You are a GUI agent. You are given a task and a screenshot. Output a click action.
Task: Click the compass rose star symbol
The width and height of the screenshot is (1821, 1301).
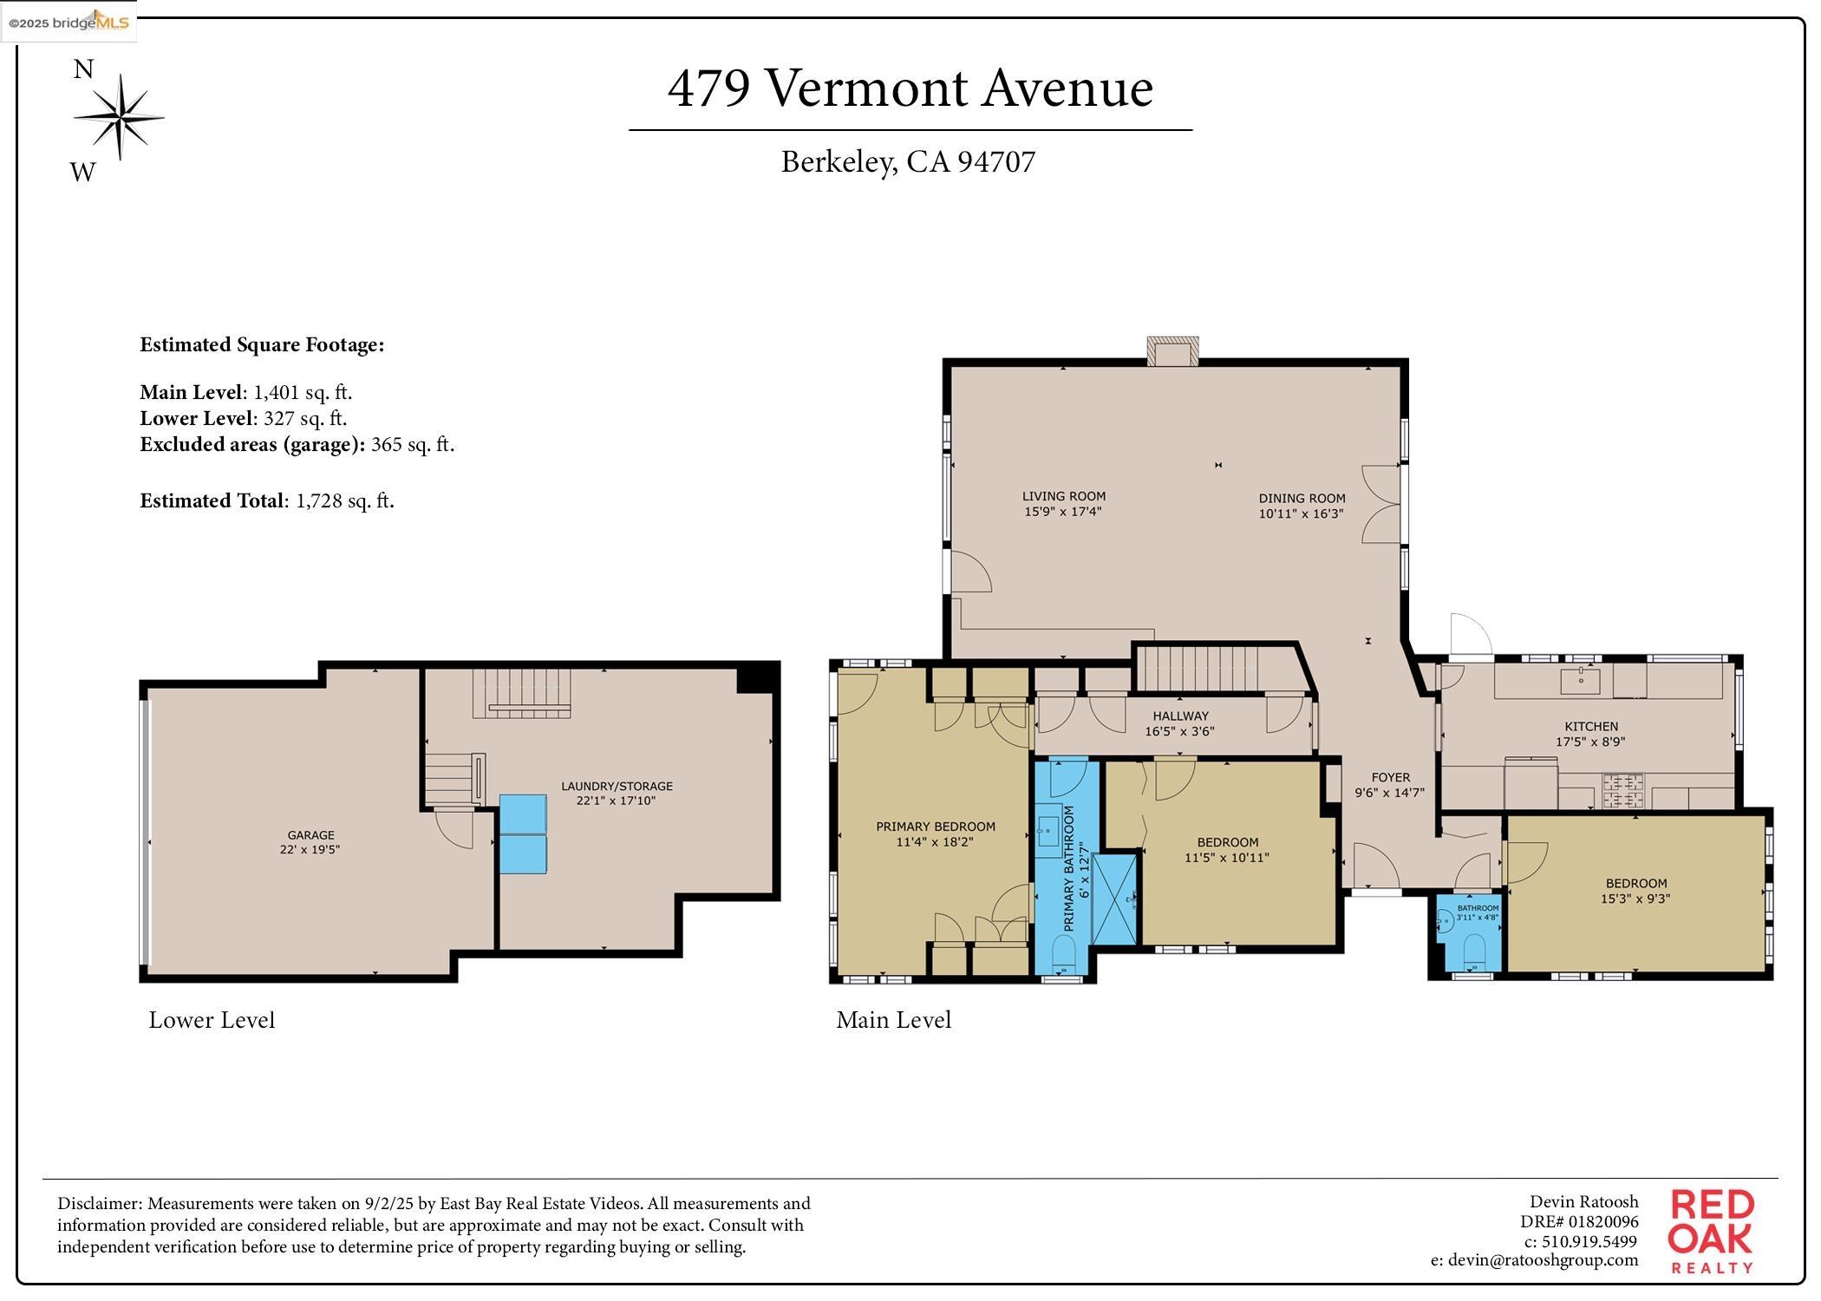(x=119, y=117)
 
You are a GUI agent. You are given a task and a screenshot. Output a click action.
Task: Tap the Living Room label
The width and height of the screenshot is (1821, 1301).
(x=1064, y=497)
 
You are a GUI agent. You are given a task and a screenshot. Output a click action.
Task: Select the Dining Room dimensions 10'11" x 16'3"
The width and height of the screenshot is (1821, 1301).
(x=1302, y=513)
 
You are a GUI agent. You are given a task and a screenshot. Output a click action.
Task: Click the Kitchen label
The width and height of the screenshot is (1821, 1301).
(x=1591, y=727)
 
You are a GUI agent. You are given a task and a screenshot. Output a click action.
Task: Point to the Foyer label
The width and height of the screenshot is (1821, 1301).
(x=1391, y=777)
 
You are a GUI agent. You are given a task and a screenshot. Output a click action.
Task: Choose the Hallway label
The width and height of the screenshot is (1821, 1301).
(x=1180, y=716)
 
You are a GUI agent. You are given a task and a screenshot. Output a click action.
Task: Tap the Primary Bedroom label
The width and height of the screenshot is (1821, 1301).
(x=936, y=827)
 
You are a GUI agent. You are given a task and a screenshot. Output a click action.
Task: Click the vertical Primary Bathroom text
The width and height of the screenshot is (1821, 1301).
(x=1068, y=869)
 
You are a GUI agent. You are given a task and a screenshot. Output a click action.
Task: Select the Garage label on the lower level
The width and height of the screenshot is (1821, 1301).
(x=310, y=835)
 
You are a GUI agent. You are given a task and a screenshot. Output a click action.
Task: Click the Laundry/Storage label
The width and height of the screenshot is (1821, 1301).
(x=617, y=787)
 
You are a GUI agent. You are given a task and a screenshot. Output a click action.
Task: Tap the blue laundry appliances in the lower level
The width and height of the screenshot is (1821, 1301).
(x=523, y=834)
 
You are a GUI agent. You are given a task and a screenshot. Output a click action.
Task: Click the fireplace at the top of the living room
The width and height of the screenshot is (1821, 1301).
(x=1172, y=350)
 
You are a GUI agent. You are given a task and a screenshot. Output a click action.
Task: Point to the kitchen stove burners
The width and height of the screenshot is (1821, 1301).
(x=1622, y=791)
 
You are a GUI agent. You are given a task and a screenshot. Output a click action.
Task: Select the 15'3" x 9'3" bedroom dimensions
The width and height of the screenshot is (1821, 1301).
(x=1635, y=899)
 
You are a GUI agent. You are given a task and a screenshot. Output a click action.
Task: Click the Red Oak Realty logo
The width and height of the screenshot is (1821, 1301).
(x=1712, y=1231)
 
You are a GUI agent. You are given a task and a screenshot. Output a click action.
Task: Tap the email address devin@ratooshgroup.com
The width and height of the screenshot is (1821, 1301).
(x=1535, y=1260)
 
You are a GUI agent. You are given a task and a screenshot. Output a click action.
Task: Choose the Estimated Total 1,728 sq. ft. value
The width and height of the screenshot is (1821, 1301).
(x=345, y=501)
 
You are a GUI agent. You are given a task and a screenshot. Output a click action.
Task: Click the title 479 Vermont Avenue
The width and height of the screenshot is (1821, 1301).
(x=910, y=88)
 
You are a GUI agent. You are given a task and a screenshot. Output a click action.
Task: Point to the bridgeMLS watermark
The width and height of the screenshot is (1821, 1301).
(x=69, y=22)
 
